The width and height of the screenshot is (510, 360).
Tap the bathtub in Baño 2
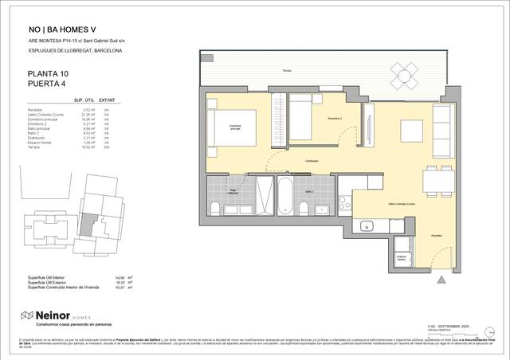tap(285, 193)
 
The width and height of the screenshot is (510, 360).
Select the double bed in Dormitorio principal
tap(230, 128)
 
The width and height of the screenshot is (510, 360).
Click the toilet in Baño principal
tap(215, 209)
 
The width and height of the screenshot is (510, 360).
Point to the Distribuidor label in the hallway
tap(311, 161)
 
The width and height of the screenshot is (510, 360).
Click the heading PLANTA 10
tap(48, 74)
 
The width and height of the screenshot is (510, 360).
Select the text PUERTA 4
tap(46, 84)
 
